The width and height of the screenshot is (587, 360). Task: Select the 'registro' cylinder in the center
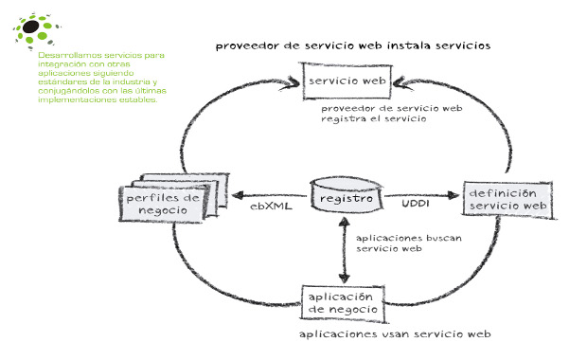click(x=346, y=199)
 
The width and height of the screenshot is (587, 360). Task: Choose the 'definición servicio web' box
click(x=507, y=199)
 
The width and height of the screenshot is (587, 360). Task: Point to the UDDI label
click(x=417, y=203)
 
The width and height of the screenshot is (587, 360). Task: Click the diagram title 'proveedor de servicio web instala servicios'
click(x=352, y=45)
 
